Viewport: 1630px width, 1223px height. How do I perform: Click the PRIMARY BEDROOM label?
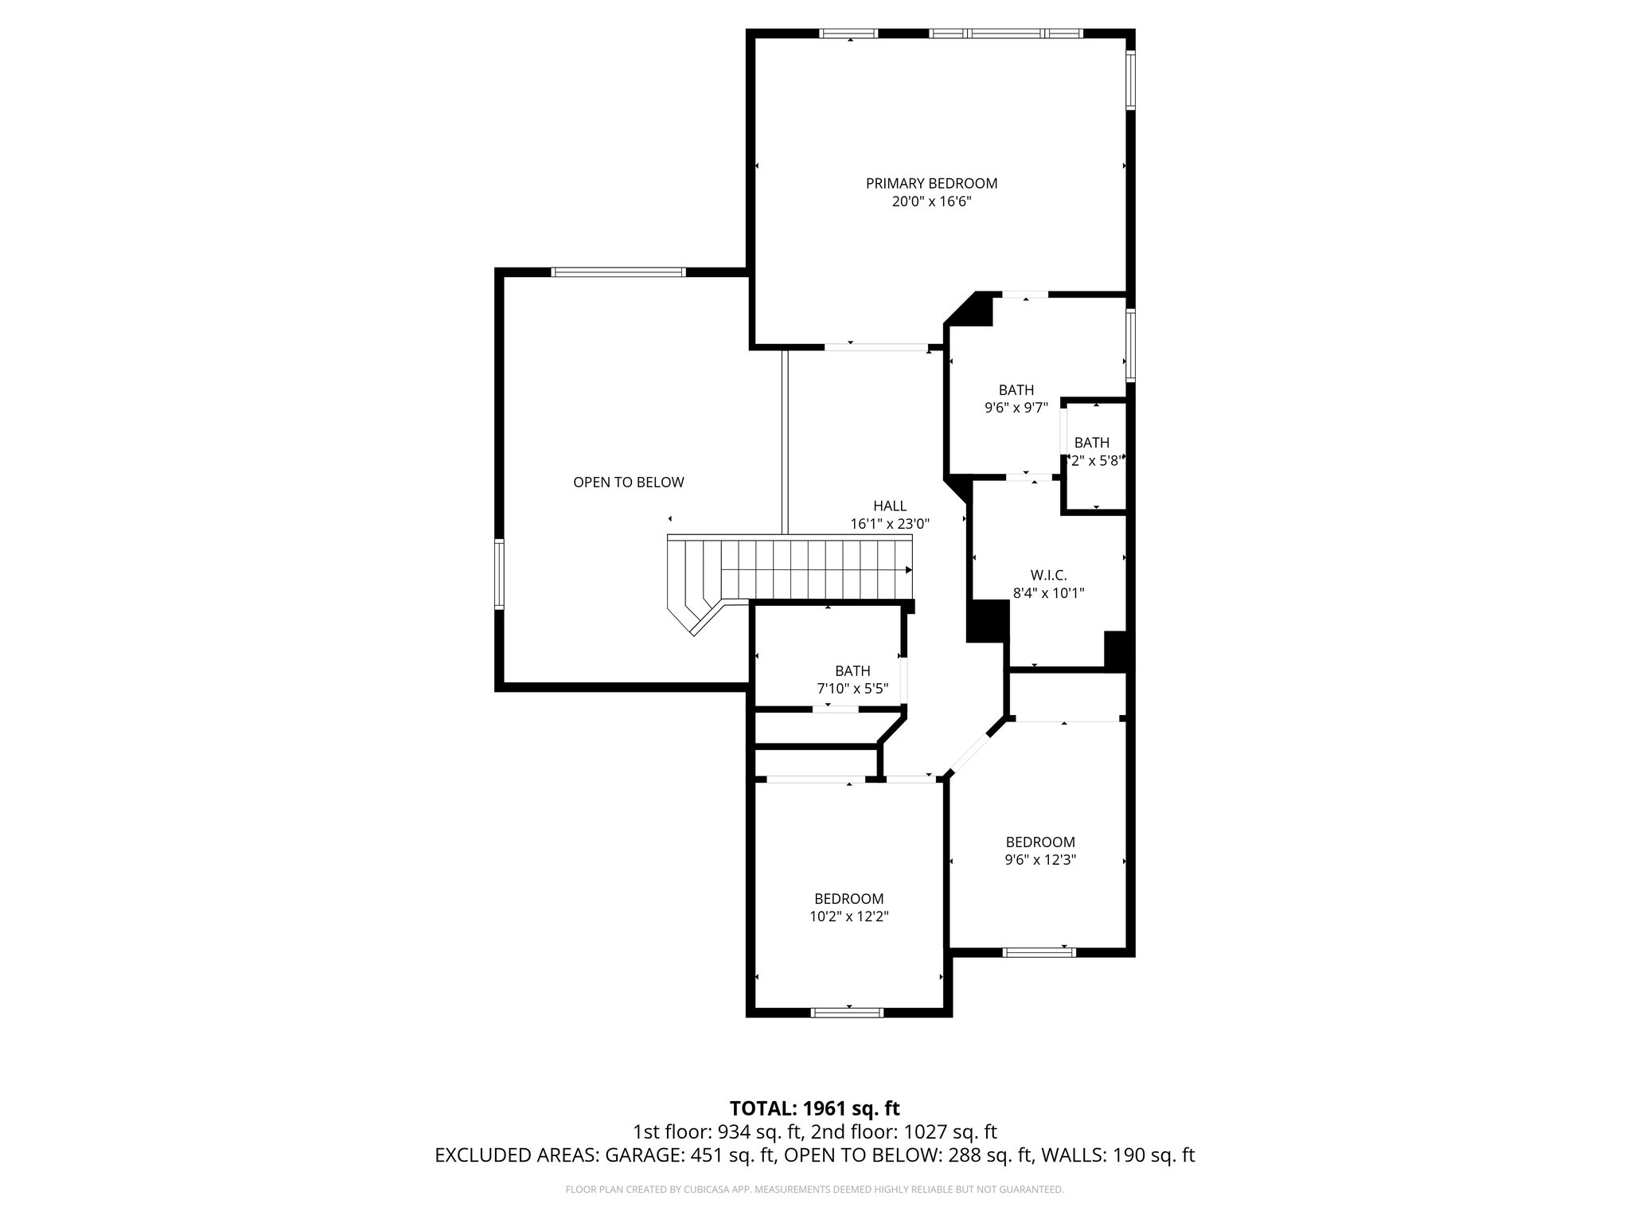(x=931, y=183)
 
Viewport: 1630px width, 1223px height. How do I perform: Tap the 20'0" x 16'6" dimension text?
(x=931, y=202)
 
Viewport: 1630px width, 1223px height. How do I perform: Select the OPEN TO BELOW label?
(x=628, y=482)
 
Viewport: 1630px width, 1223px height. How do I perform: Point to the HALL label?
(x=889, y=506)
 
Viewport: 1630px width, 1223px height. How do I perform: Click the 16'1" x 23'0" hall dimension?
(x=889, y=524)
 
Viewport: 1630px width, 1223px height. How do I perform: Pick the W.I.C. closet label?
(x=1048, y=574)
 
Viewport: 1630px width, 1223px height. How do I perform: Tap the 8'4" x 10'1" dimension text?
(x=1048, y=592)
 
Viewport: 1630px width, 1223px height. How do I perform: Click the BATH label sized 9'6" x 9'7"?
(x=1016, y=390)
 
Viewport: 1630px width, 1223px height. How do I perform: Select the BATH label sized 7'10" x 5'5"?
(x=852, y=670)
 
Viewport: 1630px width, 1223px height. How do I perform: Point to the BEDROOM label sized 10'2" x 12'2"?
(x=848, y=898)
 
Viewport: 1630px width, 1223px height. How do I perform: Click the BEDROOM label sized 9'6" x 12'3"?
(x=1039, y=842)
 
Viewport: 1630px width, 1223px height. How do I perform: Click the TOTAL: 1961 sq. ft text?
(x=814, y=1108)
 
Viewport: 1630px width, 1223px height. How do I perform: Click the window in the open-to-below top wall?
(x=618, y=272)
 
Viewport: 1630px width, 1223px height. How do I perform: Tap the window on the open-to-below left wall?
(x=500, y=574)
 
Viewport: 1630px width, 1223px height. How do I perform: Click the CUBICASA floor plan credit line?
(x=814, y=1190)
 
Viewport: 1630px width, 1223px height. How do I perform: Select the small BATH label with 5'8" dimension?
(x=1091, y=443)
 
